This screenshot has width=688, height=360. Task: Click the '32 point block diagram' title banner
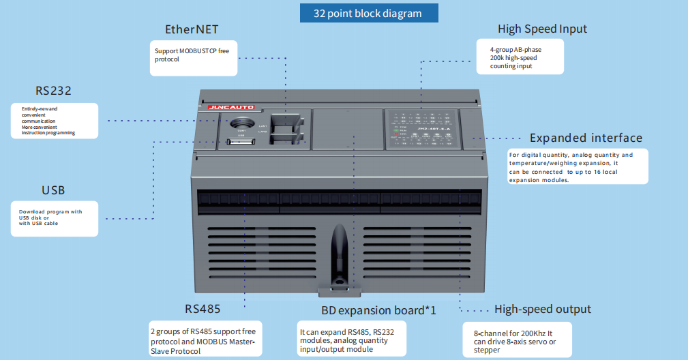click(x=368, y=13)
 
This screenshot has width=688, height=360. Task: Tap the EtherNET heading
click(x=192, y=30)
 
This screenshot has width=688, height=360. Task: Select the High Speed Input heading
click(x=542, y=29)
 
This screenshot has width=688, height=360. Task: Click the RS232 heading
click(x=54, y=91)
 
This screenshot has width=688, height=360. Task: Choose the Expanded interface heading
click(x=586, y=138)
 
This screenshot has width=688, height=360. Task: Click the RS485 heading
click(x=203, y=308)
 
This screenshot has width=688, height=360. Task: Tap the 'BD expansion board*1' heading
click(x=378, y=310)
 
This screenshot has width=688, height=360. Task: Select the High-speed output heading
click(x=543, y=309)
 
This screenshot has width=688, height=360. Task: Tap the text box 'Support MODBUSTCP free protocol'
click(x=194, y=57)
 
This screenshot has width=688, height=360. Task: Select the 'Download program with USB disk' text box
click(x=54, y=217)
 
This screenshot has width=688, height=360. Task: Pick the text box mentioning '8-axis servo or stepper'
click(x=517, y=339)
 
